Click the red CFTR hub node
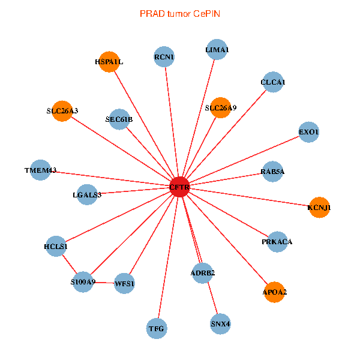180,187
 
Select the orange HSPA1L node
109,62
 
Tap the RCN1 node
164,57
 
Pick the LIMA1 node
217,50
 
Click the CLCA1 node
273,82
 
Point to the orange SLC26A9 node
221,108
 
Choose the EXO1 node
308,132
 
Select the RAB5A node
273,172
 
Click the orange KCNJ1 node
319,208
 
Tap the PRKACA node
277,242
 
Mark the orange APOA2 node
274,292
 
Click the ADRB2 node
203,273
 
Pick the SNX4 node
220,324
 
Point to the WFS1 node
124,283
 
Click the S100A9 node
83,281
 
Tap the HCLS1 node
56,246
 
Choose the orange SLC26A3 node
62,111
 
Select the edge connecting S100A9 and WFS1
103,282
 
